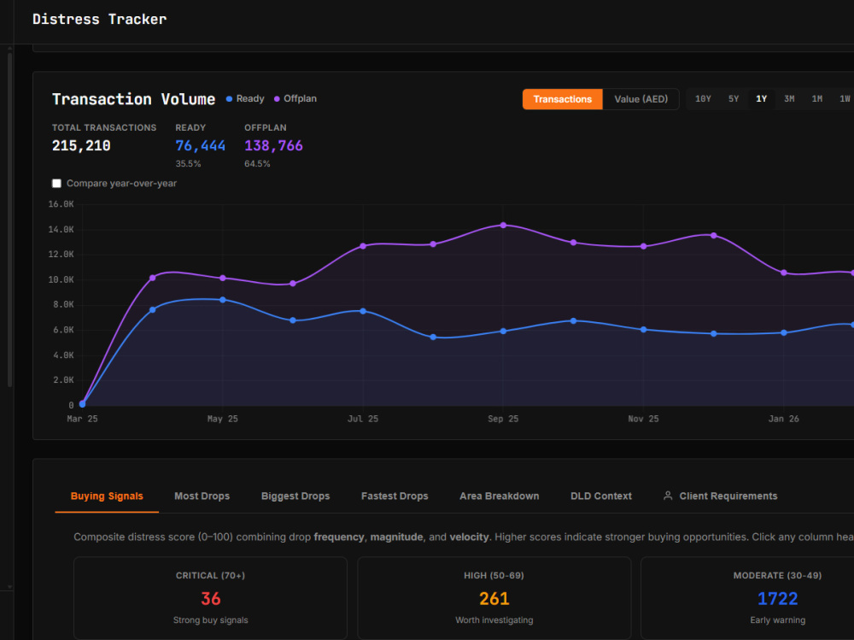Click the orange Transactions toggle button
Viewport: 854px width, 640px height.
tap(562, 99)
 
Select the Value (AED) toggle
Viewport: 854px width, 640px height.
tap(640, 99)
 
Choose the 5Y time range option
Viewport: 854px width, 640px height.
tap(733, 99)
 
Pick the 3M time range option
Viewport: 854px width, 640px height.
tap(788, 99)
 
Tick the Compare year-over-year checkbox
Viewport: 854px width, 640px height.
tap(56, 183)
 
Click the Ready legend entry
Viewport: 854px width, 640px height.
tap(245, 98)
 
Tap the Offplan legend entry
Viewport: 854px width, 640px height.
tap(295, 98)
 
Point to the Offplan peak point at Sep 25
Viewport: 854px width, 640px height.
tap(503, 225)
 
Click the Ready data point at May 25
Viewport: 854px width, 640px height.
tap(223, 300)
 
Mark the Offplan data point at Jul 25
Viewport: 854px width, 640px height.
tap(363, 246)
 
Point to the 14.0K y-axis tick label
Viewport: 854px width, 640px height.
tap(61, 230)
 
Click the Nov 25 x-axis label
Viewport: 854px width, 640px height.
tap(643, 419)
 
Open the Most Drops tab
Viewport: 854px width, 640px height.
tap(202, 496)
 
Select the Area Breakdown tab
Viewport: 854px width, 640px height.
tap(500, 496)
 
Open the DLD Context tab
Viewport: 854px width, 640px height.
tap(601, 496)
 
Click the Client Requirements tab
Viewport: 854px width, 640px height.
tap(720, 496)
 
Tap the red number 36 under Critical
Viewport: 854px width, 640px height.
tap(211, 599)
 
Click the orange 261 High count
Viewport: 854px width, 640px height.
tap(494, 599)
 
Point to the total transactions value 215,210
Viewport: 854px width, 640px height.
tap(81, 145)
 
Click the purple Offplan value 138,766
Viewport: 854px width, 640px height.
tap(273, 145)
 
